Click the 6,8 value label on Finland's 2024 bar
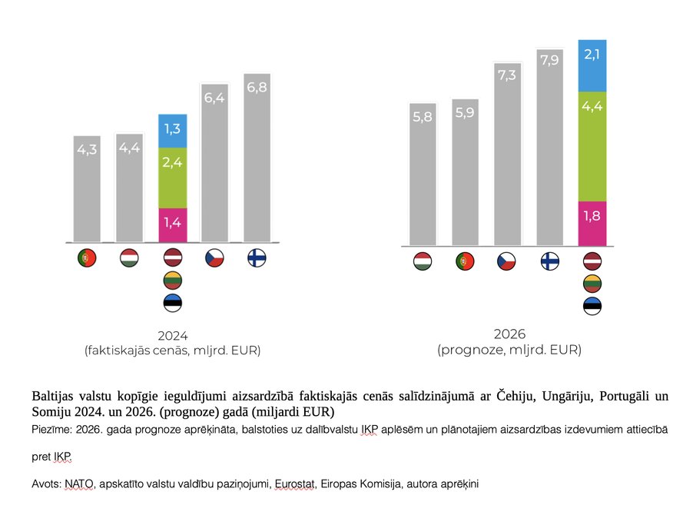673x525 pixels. coord(257,88)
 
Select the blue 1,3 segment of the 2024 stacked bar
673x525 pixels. coord(173,130)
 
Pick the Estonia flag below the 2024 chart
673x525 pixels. coord(173,303)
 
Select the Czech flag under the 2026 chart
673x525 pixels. coord(506,261)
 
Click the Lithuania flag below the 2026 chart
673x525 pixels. coord(592,284)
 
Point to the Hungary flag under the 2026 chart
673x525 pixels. coord(422,261)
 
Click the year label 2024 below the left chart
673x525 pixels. coord(173,336)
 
